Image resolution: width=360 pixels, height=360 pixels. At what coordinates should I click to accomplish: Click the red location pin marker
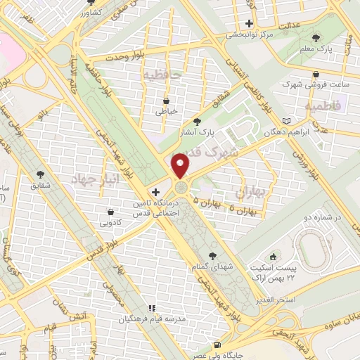click(181, 166)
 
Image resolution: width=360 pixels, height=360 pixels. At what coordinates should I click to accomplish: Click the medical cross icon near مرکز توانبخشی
click(249, 23)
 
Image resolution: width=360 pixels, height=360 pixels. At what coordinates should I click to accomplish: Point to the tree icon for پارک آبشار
click(205, 120)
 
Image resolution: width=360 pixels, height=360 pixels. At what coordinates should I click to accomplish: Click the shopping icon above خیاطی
click(167, 101)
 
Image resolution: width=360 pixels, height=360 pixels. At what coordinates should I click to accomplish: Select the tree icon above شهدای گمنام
click(213, 256)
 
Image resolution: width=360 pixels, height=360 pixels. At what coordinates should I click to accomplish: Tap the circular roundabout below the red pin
click(181, 187)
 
